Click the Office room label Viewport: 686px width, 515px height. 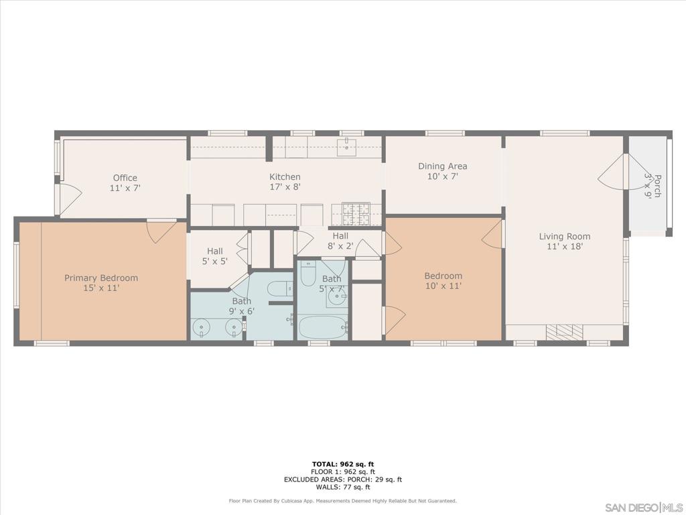pyautogui.click(x=125, y=182)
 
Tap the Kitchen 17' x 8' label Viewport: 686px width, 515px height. pyautogui.click(x=285, y=182)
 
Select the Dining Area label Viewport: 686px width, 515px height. pyautogui.click(x=443, y=171)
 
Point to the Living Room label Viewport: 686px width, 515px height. pyautogui.click(x=564, y=241)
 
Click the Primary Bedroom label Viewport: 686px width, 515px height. pyautogui.click(x=101, y=282)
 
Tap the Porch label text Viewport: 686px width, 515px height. pyautogui.click(x=653, y=186)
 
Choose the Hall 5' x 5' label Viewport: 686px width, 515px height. pyautogui.click(x=215, y=255)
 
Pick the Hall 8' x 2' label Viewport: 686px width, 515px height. pyautogui.click(x=340, y=241)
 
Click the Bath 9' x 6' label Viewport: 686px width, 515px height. pyautogui.click(x=241, y=306)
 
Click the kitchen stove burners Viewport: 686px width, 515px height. pyautogui.click(x=356, y=214)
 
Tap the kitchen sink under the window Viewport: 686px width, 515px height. pyautogui.click(x=348, y=145)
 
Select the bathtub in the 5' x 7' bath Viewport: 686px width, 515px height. pyautogui.click(x=323, y=327)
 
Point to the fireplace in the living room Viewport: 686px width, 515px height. pyautogui.click(x=564, y=331)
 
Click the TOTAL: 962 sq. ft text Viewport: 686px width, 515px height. pyautogui.click(x=343, y=464)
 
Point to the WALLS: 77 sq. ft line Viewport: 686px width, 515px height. pyautogui.click(x=343, y=487)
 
